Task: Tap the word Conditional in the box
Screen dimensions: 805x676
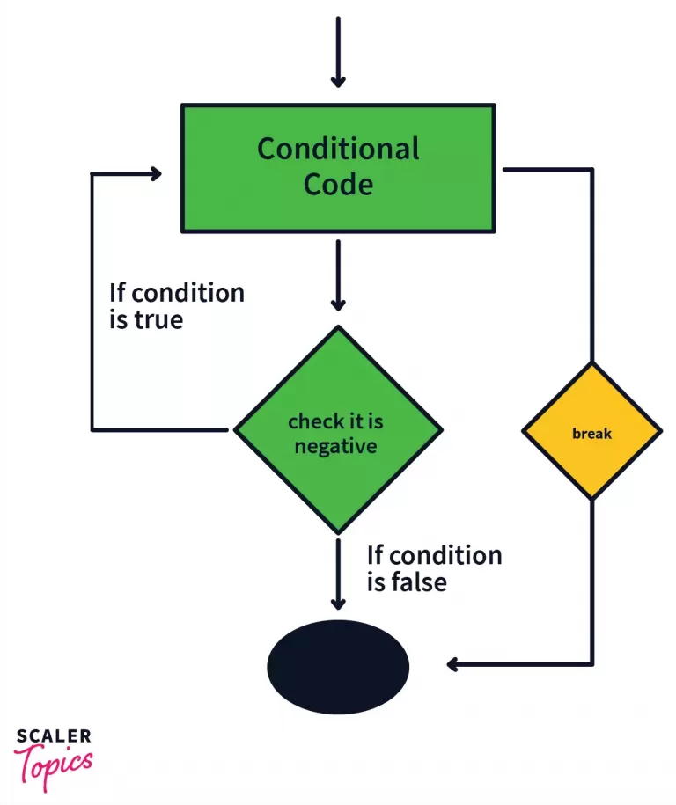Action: pos(338,149)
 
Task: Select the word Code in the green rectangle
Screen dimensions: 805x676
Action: pos(338,184)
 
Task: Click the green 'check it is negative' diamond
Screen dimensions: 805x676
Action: pos(336,431)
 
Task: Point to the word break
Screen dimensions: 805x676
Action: pos(591,434)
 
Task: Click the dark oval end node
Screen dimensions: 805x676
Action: pos(338,666)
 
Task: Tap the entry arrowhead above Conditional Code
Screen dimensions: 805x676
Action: pos(338,79)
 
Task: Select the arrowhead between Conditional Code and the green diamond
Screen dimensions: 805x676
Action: pos(338,302)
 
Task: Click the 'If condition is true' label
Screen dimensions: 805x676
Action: pos(176,305)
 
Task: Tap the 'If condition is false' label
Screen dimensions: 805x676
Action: pos(434,568)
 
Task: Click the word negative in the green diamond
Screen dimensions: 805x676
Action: pos(335,446)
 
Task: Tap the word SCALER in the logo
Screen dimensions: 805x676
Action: pos(53,735)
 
